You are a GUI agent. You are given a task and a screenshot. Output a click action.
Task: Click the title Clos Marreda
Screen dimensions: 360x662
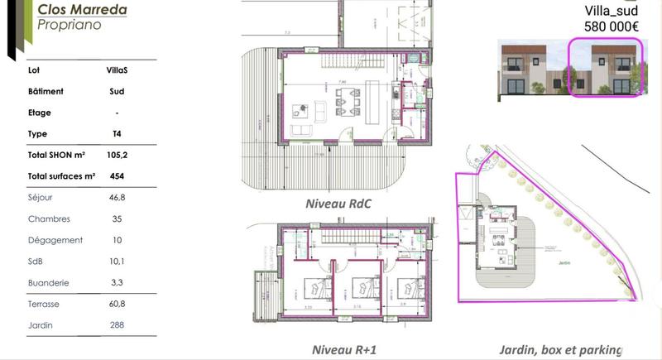[81, 10]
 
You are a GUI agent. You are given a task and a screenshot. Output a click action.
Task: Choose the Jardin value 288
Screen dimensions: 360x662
[117, 325]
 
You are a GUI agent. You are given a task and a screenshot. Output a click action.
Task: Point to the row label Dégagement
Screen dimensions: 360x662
[55, 240]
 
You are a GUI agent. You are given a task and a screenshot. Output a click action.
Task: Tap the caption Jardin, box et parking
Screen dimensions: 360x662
[560, 350]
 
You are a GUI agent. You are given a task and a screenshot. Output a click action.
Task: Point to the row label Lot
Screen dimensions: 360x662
[34, 70]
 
